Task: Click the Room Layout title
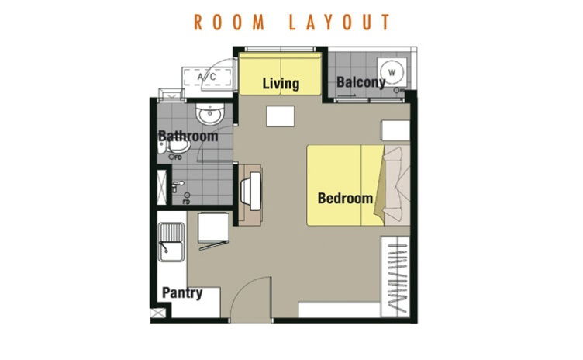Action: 291,22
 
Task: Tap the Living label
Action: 281,83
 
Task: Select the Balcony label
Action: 360,82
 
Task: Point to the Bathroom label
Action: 188,136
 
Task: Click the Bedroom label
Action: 345,198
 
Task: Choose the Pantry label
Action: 182,292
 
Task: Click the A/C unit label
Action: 207,77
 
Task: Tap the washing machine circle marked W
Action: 392,72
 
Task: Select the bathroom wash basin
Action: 210,114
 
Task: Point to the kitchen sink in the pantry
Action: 171,242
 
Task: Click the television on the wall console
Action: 252,191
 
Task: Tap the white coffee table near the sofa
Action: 280,116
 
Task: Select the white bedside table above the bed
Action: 395,130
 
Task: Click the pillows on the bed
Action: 394,185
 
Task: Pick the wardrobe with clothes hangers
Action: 395,277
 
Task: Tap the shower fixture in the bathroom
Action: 177,185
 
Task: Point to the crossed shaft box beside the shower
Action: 161,187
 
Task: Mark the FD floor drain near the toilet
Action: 175,157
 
